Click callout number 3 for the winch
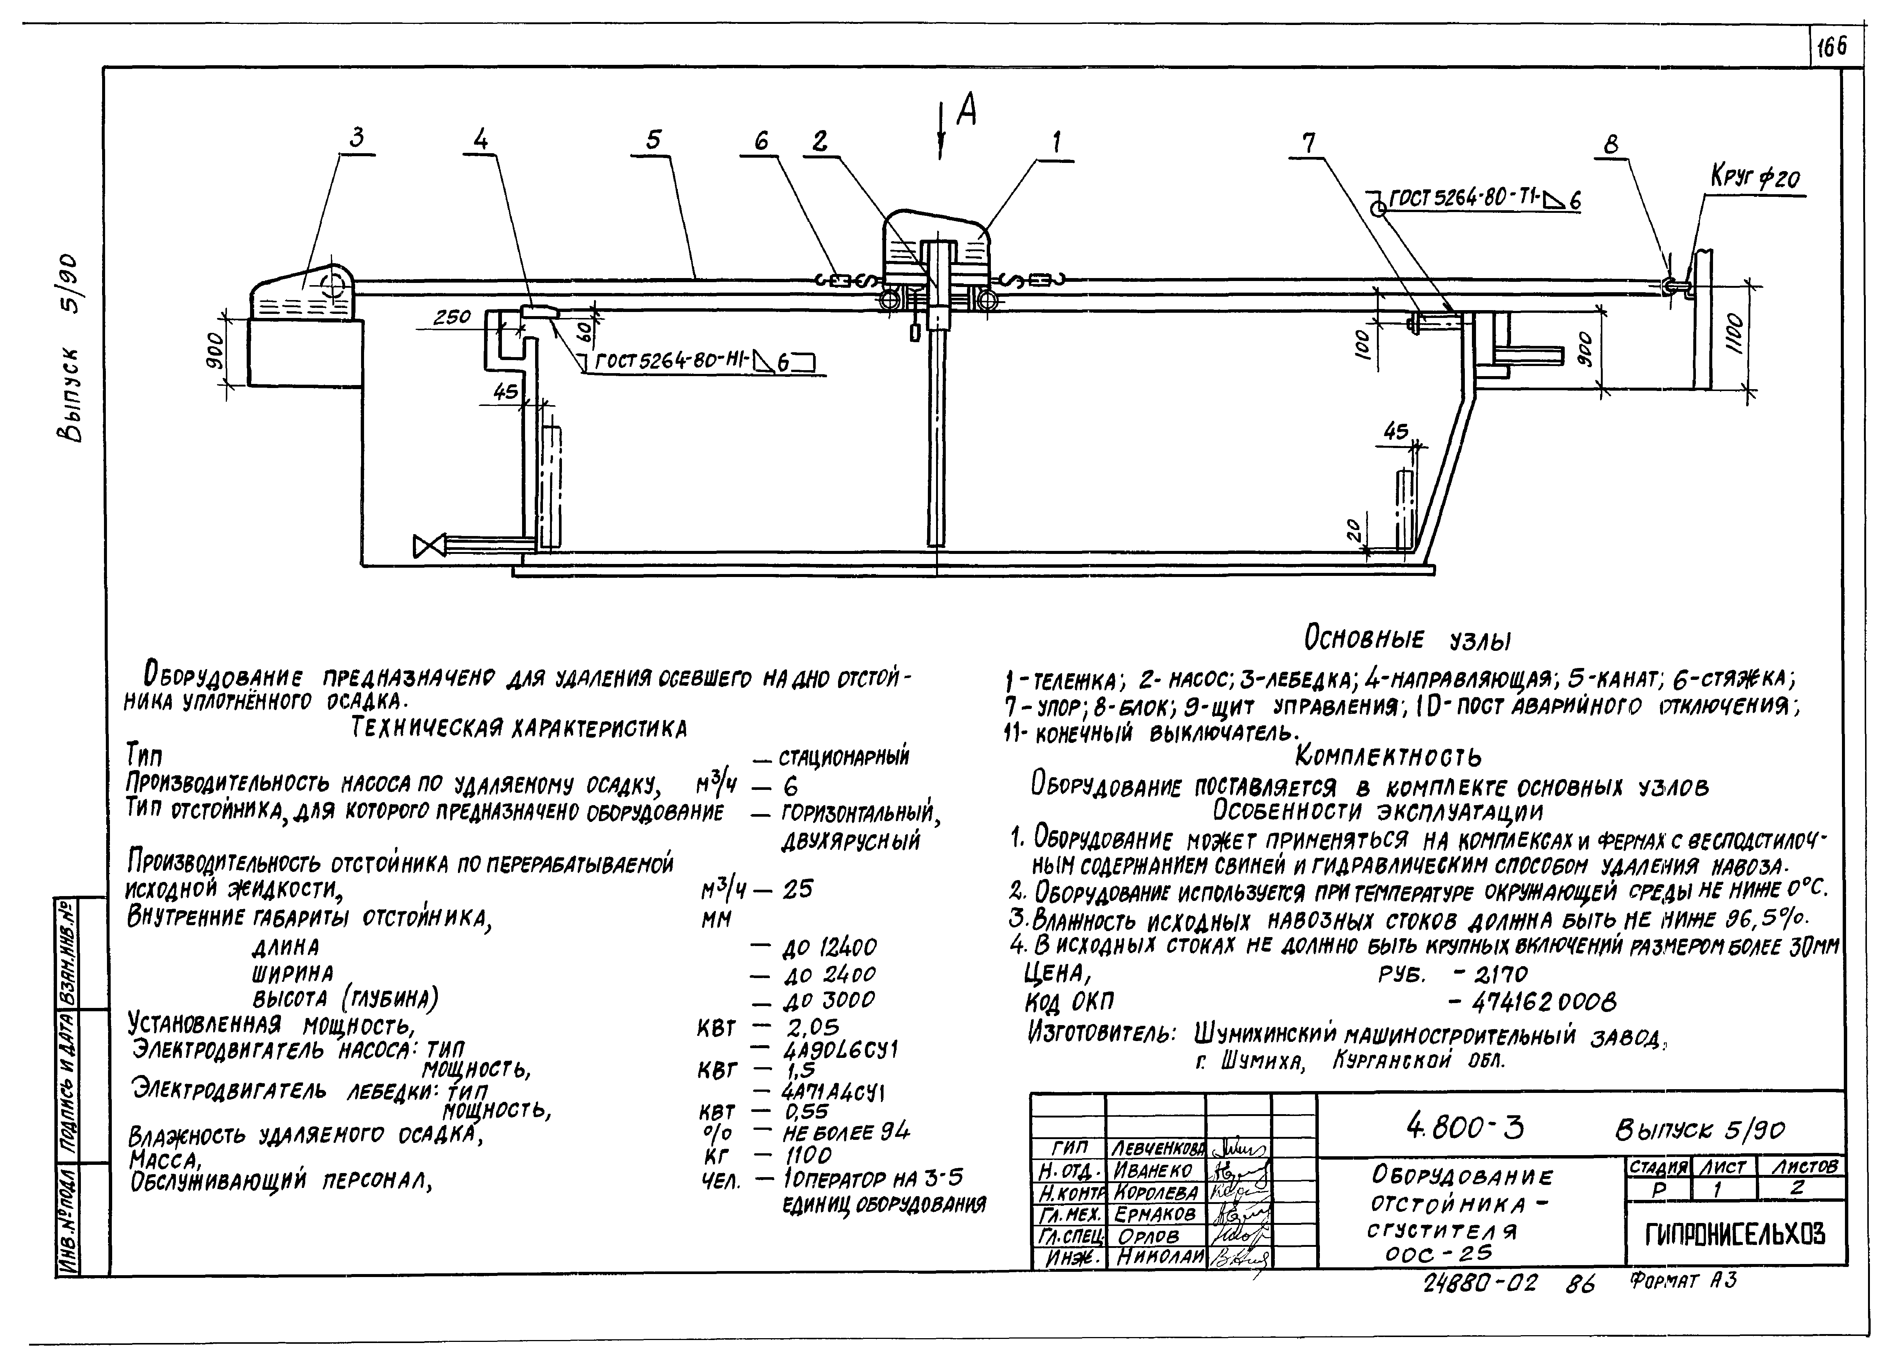click(357, 139)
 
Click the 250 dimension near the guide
click(452, 317)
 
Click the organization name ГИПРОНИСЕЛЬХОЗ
click(1734, 1234)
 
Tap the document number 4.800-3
click(1464, 1129)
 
